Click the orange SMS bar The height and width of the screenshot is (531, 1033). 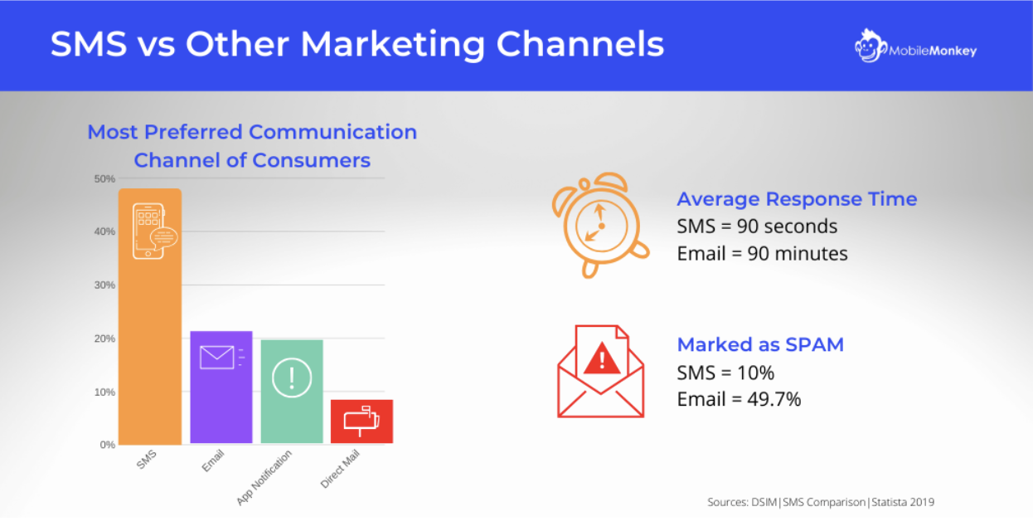150,316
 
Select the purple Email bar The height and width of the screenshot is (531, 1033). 221,387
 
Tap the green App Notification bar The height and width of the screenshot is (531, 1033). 292,392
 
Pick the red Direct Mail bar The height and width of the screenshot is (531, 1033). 362,421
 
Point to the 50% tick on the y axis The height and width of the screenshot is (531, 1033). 104,179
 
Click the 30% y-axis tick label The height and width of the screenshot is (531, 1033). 104,285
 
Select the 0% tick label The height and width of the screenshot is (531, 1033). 108,445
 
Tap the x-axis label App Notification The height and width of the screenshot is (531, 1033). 264,477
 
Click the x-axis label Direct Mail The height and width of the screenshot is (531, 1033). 340,469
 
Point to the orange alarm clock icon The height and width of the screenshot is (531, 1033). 600,225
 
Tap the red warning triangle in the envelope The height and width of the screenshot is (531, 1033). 602,358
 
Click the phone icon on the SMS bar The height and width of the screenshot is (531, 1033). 154,231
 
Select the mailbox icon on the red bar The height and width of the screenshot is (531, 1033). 362,421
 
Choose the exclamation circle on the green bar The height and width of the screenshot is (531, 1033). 292,378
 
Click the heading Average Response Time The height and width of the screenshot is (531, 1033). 797,199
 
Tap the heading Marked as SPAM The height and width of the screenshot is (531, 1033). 760,344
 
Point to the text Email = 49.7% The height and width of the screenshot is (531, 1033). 739,399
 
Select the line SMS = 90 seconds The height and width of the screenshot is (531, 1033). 757,226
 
